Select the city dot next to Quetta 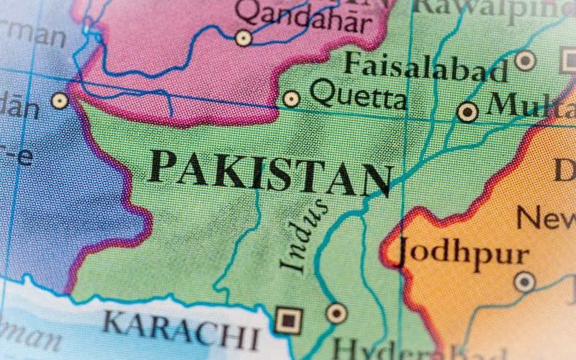(x=291, y=99)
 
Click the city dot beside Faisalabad (x=526, y=60)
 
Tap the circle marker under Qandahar (x=244, y=37)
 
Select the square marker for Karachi (x=288, y=318)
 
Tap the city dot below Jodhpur (x=524, y=282)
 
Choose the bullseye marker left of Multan (x=468, y=112)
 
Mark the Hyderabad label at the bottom (x=389, y=350)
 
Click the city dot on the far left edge (x=59, y=100)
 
